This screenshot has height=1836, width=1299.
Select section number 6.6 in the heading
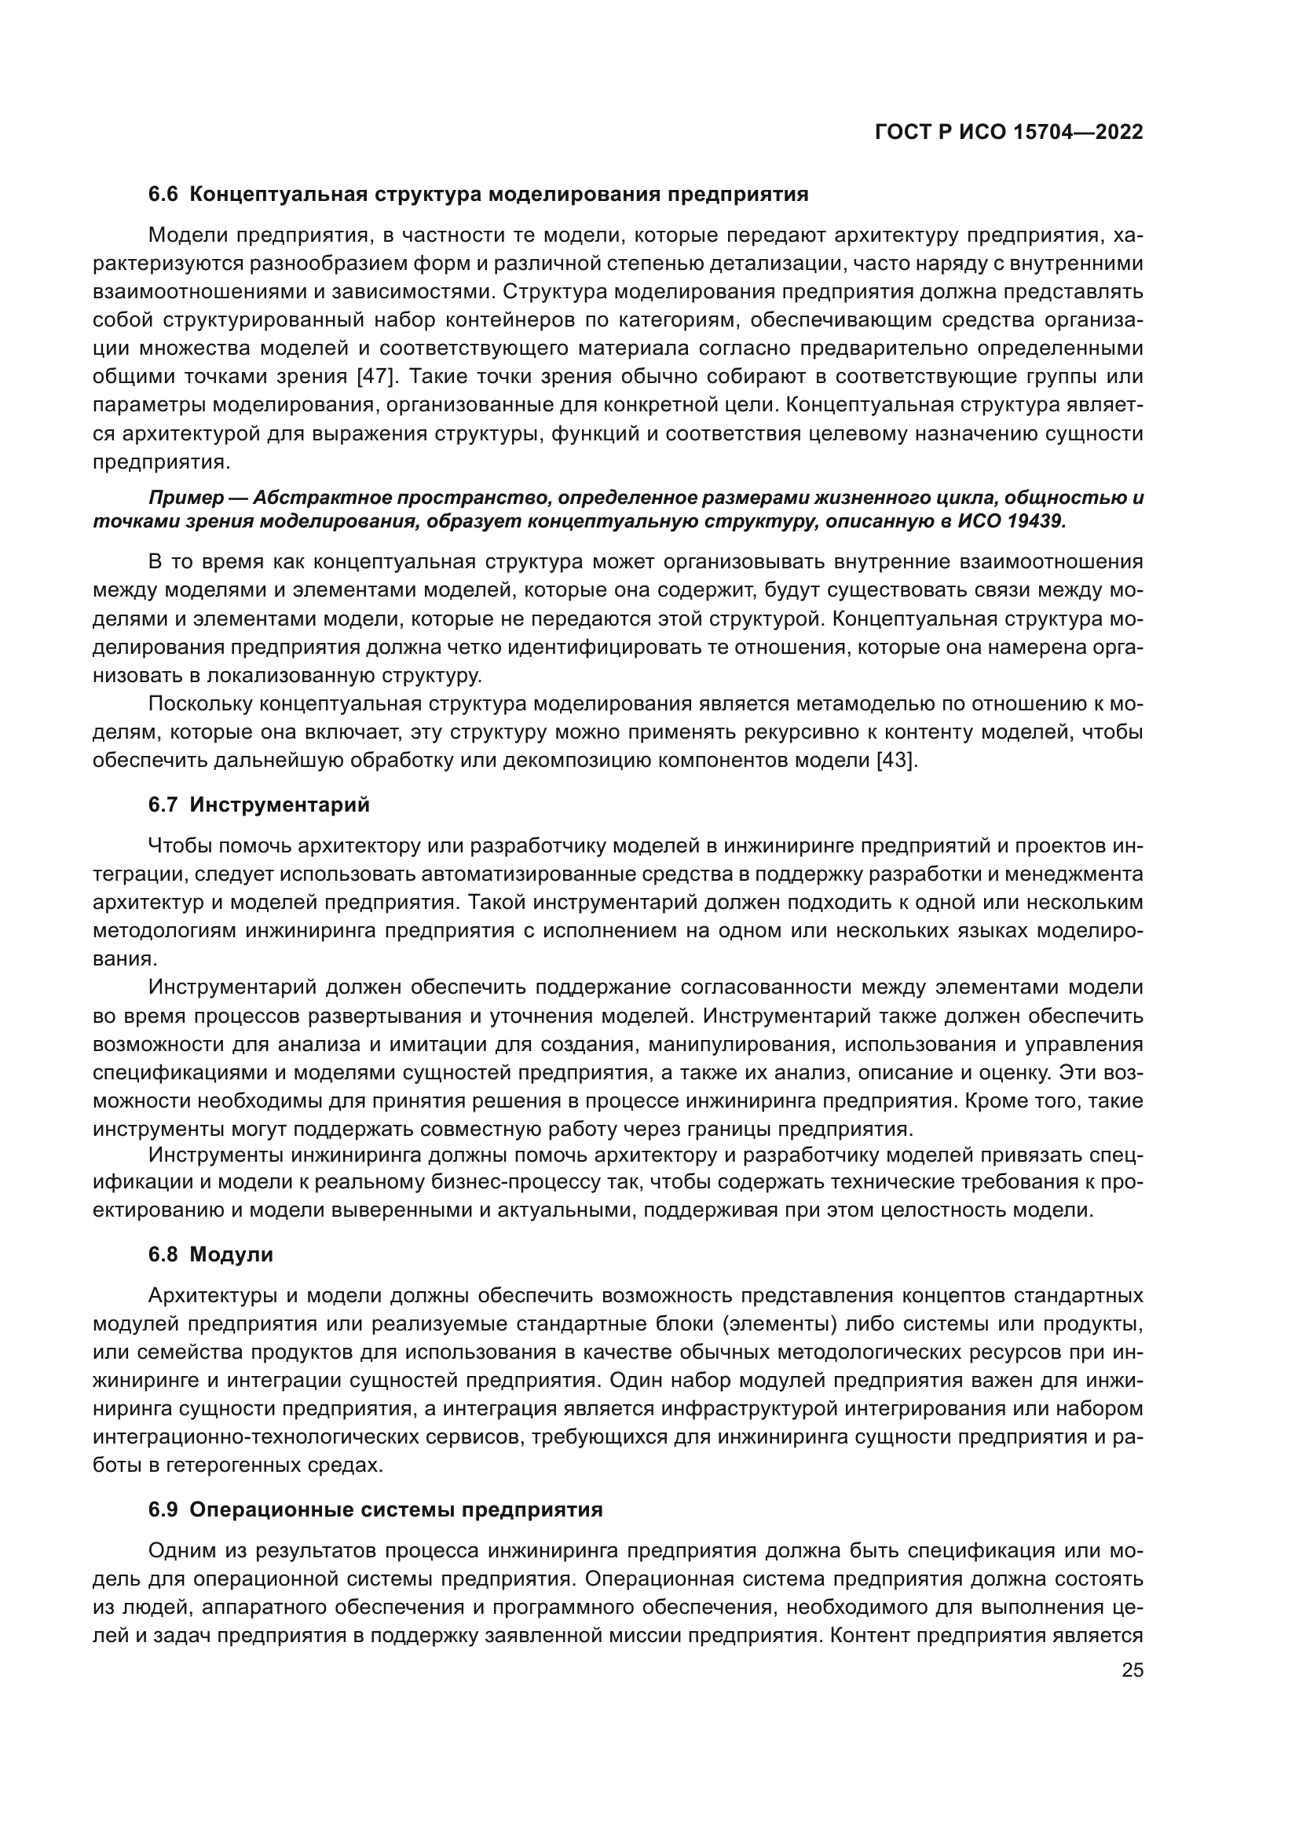tap(163, 195)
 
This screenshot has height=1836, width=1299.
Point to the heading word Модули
tap(231, 1254)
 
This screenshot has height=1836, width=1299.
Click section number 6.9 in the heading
tap(163, 1509)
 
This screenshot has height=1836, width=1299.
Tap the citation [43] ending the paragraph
tap(897, 760)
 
